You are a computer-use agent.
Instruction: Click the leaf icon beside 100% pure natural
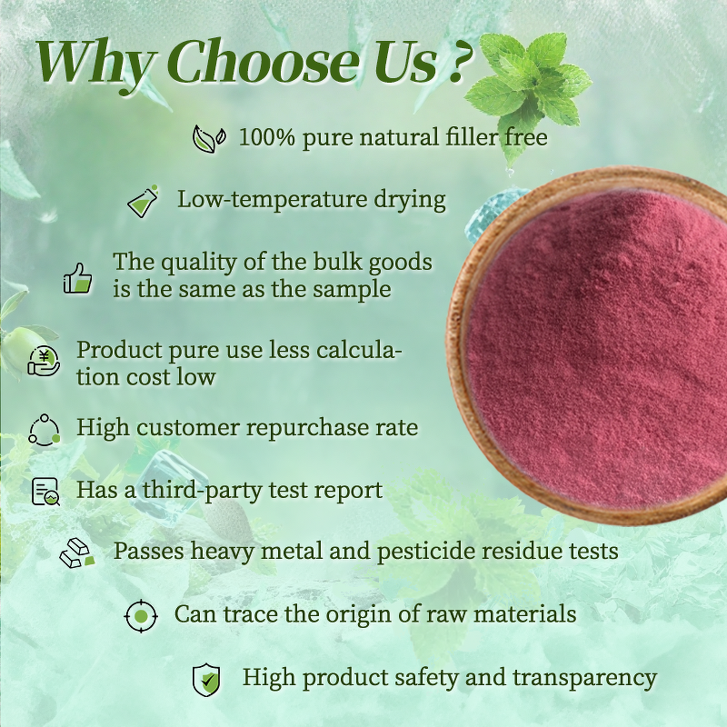[208, 139]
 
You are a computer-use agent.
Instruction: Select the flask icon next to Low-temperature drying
[143, 200]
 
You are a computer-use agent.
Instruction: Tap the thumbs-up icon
[78, 276]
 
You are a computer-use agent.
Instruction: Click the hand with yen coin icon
[43, 361]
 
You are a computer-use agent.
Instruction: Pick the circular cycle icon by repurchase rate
[43, 428]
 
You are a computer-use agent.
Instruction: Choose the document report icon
[45, 492]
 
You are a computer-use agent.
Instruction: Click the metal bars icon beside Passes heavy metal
[77, 553]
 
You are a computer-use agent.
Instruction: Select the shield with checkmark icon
[206, 679]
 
